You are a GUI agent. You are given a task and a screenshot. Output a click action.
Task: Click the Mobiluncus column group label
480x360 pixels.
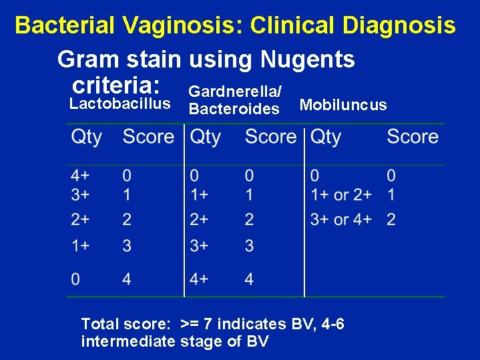(343, 105)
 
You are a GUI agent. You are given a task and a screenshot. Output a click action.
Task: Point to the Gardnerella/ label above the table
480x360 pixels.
(235, 90)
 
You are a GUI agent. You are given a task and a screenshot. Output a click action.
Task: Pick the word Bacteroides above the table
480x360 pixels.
(234, 109)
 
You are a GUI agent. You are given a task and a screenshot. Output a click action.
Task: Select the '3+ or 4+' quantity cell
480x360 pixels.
(340, 219)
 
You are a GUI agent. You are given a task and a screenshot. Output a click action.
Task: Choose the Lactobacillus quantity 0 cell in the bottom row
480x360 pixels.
(76, 279)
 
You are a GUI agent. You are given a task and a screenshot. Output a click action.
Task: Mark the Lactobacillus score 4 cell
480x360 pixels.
(127, 279)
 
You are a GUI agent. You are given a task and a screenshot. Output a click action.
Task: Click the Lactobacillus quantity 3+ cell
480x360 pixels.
(81, 195)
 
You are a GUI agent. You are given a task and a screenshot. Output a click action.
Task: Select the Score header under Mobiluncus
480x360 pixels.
(413, 137)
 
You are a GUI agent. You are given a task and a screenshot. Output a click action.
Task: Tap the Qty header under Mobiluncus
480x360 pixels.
(326, 137)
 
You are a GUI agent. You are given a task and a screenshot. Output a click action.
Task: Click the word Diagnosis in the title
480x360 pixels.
(398, 26)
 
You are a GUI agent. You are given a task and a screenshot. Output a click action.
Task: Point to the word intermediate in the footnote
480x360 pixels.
(127, 342)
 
